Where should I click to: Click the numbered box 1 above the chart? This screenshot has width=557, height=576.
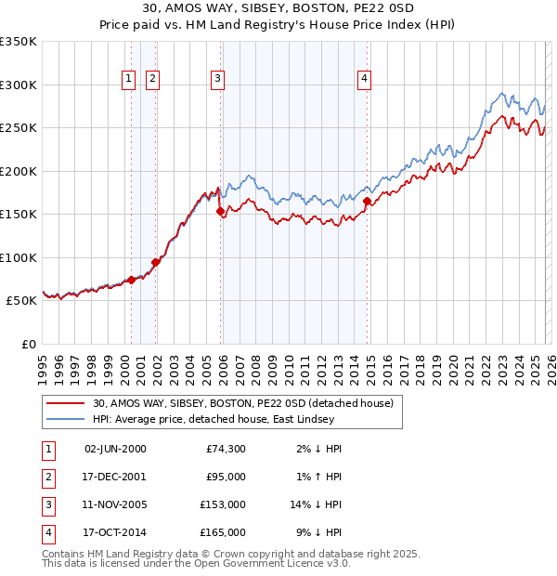(x=127, y=80)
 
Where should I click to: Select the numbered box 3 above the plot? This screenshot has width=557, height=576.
(x=217, y=80)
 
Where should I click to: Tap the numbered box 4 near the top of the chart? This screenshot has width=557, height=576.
(x=365, y=80)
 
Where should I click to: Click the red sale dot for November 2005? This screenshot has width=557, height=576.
(x=221, y=212)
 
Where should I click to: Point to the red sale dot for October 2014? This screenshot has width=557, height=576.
(x=368, y=201)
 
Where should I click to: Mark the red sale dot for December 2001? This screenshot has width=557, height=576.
(x=155, y=262)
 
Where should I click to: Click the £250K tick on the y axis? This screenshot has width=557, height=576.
(x=19, y=127)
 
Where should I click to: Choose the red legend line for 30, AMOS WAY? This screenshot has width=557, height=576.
(x=65, y=403)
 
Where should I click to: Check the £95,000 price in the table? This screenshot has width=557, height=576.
(x=225, y=477)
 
